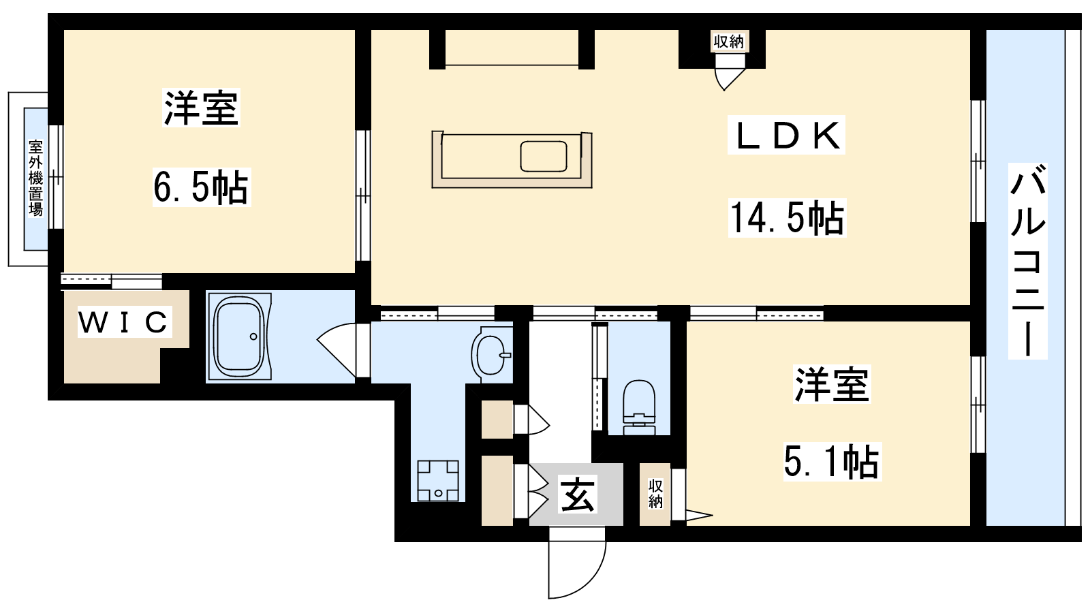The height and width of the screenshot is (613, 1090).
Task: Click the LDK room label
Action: point(786,136)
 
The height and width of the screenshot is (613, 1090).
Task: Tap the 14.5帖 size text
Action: point(787,218)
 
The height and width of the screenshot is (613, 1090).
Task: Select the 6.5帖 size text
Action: point(200,187)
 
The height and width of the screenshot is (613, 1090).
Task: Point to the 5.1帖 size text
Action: point(831,461)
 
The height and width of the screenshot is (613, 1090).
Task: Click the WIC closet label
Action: point(124,321)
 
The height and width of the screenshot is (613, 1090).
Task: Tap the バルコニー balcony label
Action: point(1027,262)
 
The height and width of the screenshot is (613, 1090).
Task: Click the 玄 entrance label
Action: point(578,495)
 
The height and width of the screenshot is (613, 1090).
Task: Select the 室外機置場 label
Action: point(35,178)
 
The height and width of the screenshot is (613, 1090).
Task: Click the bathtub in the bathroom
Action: point(238,336)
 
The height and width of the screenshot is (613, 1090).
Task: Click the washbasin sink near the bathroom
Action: point(491,353)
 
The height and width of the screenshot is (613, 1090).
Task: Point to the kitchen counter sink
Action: point(543,156)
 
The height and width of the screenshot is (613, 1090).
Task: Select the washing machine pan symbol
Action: point(437,481)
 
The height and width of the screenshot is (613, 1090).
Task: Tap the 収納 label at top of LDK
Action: point(728,42)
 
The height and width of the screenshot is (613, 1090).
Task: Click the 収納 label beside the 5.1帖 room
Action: point(655,493)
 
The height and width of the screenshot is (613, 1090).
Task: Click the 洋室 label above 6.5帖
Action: point(201,108)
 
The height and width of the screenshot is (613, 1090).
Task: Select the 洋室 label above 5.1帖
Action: point(832,384)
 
